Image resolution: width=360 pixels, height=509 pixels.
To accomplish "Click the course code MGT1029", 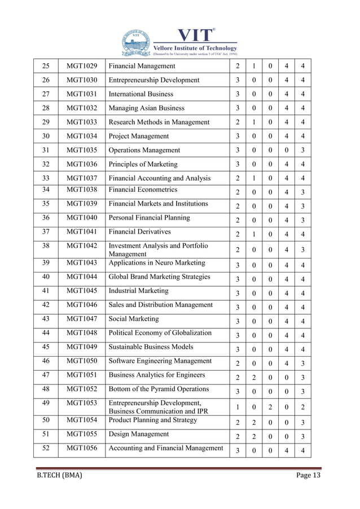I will pyautogui.click(x=82, y=67).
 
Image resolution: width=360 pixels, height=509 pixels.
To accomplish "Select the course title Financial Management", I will pyautogui.click(x=142, y=67).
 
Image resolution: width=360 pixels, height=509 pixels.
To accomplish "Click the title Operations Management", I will pyautogui.click(x=144, y=150).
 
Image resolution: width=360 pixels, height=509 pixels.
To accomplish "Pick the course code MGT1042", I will pyautogui.click(x=82, y=246).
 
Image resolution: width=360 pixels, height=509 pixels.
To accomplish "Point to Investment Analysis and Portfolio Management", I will pyautogui.click(x=158, y=250).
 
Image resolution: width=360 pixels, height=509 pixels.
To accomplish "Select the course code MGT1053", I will pyautogui.click(x=82, y=403).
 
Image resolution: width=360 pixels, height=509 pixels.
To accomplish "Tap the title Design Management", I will pyautogui.click(x=138, y=434).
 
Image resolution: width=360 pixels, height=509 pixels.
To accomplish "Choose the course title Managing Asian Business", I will pyautogui.click(x=146, y=108).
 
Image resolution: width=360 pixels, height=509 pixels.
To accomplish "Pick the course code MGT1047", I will pyautogui.click(x=82, y=319).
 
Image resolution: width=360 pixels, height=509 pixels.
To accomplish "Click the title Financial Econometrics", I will pyautogui.click(x=142, y=190).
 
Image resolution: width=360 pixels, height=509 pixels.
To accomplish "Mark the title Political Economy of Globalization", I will pyautogui.click(x=160, y=333).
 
